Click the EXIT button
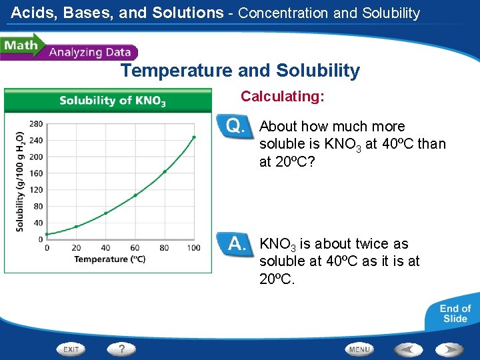pos(71,349)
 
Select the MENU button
pos(359,349)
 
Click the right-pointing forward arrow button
pos(449,349)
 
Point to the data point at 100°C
pos(194,137)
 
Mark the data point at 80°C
pos(165,171)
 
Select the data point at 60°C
pos(135,195)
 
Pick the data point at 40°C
pos(105,213)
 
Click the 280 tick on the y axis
pos(36,124)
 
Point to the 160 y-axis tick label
pos(36,173)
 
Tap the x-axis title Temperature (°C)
pos(110,259)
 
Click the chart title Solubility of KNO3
pos(112,101)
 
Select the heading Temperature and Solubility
pos(240,71)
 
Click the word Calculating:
pos(283,97)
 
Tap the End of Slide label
pos(455,313)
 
